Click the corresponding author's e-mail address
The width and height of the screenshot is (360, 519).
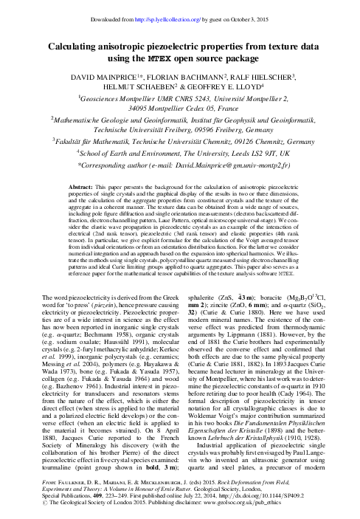point(238,167)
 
